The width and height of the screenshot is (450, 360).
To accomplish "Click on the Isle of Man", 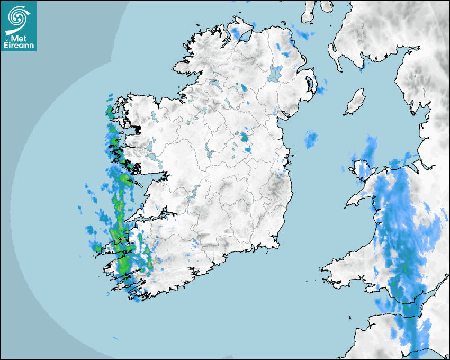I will [x=355, y=102].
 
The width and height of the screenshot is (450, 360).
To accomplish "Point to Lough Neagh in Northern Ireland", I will [x=275, y=73].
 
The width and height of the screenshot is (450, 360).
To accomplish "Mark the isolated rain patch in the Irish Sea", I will [x=311, y=139].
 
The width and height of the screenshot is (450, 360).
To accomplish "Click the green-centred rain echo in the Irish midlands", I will [x=244, y=137].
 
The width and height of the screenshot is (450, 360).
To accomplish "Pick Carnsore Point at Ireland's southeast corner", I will [x=278, y=244].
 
